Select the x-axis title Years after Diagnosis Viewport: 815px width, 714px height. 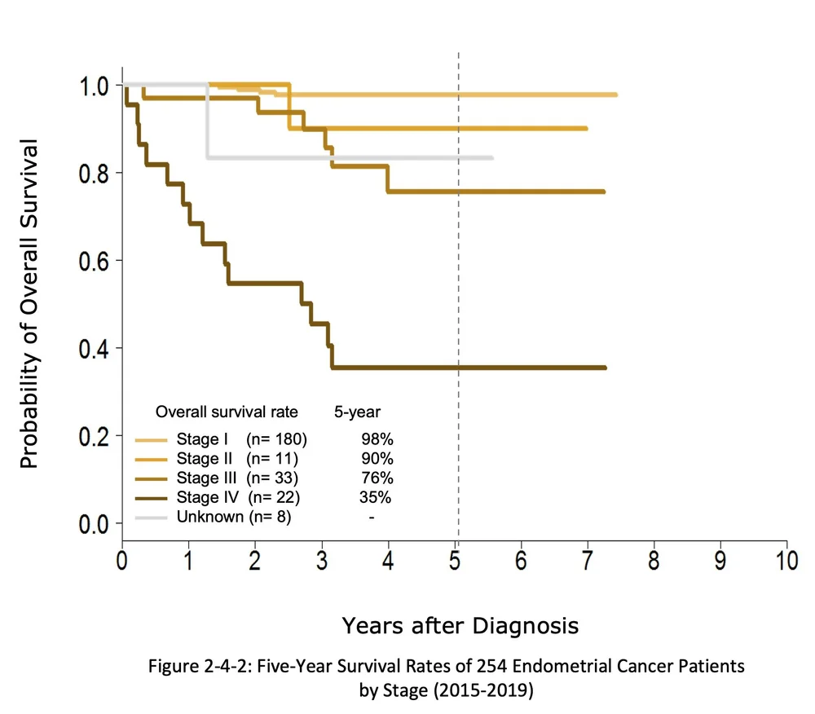460,625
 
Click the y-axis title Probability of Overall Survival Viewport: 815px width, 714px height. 29,304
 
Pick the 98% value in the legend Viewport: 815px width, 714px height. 377,439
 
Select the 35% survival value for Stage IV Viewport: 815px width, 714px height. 376,497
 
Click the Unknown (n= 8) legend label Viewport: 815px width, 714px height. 233,517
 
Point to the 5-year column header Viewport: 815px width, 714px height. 357,412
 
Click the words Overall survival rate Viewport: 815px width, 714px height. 227,412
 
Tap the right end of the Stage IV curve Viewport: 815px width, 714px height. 605,368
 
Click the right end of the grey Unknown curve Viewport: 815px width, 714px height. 491,157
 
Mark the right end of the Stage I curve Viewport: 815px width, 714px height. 615,95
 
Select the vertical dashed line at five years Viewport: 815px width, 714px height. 459,245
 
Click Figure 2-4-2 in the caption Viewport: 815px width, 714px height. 193,666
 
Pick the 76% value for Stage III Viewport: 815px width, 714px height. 377,478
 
